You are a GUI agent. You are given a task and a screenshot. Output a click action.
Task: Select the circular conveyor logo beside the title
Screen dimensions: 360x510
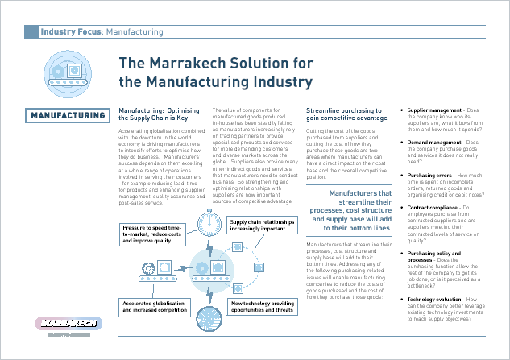(66, 71)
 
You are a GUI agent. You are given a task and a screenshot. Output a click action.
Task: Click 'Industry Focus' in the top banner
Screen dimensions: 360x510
(71, 32)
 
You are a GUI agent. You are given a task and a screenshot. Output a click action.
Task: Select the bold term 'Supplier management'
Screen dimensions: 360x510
(433, 109)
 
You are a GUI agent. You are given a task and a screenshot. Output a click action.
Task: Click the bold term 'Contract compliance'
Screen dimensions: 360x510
(433, 208)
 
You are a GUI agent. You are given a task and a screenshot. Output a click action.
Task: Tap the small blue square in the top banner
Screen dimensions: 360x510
(31, 32)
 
